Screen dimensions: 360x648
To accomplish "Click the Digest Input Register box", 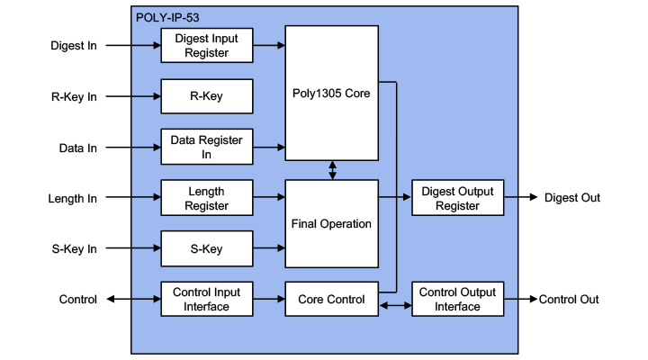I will click(206, 45).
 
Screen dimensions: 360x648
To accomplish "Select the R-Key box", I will click(206, 96).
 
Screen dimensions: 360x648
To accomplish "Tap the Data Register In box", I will click(206, 148).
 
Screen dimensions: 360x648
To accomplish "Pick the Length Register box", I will click(206, 198).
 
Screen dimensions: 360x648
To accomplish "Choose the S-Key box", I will click(206, 248).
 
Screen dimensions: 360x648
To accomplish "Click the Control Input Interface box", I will click(206, 299).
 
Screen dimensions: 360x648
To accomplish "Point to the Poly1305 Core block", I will click(331, 93).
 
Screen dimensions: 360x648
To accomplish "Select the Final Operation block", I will click(331, 223).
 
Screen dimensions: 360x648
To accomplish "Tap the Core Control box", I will click(331, 299).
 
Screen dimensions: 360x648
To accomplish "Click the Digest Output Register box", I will click(457, 198).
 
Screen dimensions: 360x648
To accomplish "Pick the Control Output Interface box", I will click(457, 299).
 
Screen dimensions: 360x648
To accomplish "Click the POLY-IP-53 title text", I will click(168, 17).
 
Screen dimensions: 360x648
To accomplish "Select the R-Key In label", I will click(74, 96).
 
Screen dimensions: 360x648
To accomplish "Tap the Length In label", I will click(73, 198).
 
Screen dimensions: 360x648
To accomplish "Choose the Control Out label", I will click(569, 299).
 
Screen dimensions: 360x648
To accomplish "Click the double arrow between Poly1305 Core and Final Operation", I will click(333, 170).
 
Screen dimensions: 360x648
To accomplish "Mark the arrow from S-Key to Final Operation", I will click(268, 248).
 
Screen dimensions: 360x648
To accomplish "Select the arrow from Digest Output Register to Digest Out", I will click(522, 198).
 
